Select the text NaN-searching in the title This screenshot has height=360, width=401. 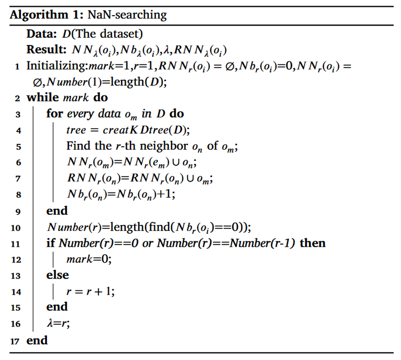tap(127, 15)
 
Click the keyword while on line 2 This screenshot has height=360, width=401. tap(43, 98)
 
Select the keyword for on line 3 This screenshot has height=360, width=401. tap(54, 114)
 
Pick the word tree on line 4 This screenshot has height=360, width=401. tap(76, 130)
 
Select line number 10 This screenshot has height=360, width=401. tap(16, 228)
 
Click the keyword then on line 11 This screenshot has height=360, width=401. tap(313, 243)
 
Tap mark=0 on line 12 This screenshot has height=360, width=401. tap(89, 259)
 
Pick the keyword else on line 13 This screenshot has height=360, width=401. tap(57, 275)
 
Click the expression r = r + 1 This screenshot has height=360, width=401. tap(90, 291)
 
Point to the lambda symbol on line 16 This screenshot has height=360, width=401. tap(50, 323)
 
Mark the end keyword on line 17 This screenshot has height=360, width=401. tap(37, 340)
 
